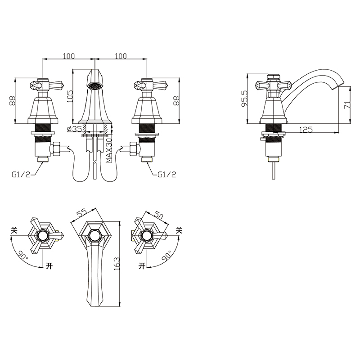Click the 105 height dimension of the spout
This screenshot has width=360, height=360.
pyautogui.click(x=69, y=95)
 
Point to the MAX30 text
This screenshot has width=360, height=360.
pyautogui.click(x=109, y=150)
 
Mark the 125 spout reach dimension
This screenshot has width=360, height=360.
pyautogui.click(x=306, y=130)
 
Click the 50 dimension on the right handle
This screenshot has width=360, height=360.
pyautogui.click(x=159, y=215)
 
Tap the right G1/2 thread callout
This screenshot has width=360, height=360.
pyautogui.click(x=167, y=174)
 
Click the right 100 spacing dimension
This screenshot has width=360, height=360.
pyautogui.click(x=121, y=56)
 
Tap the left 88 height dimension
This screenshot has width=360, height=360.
pyautogui.click(x=12, y=101)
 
